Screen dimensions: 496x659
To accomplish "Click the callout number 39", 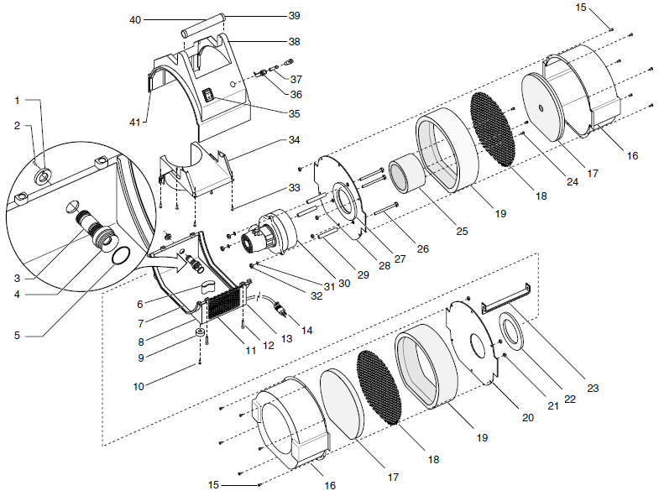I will click(x=294, y=16).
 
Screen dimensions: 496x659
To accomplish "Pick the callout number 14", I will click(x=306, y=331).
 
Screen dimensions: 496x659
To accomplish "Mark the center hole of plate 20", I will click(x=476, y=344).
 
